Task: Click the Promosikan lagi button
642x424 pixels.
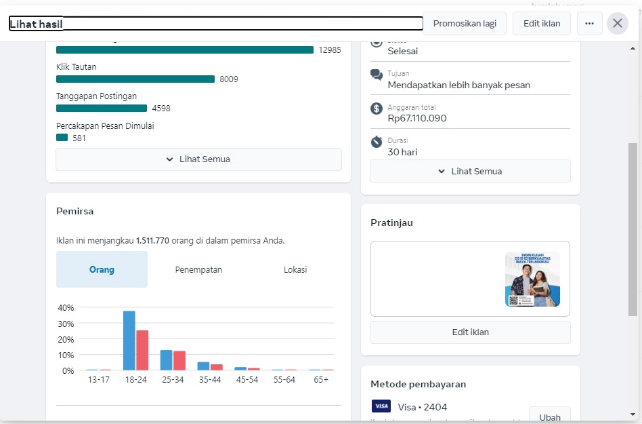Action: [x=465, y=23]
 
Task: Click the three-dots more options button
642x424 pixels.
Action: [x=589, y=23]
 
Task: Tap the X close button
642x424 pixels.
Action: [x=618, y=23]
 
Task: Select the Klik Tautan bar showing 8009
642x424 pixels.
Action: [x=135, y=79]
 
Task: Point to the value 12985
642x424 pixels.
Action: [x=330, y=50]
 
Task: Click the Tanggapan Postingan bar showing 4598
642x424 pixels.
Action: [x=102, y=109]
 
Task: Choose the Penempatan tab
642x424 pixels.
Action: [x=198, y=270]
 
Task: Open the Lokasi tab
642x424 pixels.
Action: [x=295, y=270]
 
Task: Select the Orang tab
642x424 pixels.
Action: [x=102, y=270]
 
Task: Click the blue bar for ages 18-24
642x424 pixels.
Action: [x=129, y=341]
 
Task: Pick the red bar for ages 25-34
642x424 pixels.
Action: [x=179, y=360]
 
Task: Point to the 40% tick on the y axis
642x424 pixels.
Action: [x=66, y=307]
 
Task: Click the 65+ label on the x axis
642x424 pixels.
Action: [x=321, y=380]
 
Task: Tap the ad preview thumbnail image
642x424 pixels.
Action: [x=532, y=279]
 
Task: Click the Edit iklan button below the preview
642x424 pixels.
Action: [x=470, y=332]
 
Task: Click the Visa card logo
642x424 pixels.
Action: [x=381, y=406]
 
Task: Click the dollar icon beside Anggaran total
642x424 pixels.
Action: [x=377, y=109]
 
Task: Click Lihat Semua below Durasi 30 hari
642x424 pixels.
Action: [x=470, y=172]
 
